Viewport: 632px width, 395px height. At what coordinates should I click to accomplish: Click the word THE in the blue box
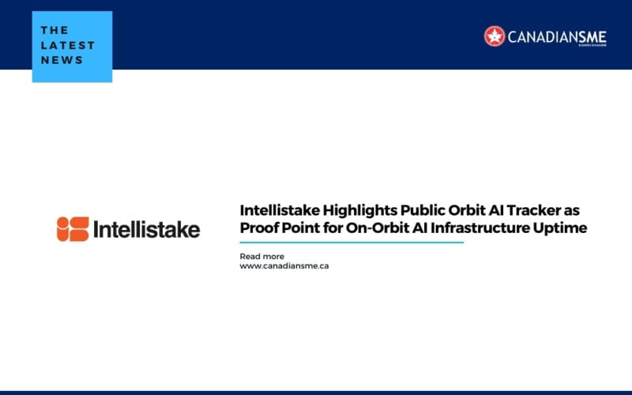[x=55, y=30]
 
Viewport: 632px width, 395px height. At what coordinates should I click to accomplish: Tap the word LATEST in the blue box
[x=68, y=45]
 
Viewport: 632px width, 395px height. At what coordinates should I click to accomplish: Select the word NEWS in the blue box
[x=61, y=60]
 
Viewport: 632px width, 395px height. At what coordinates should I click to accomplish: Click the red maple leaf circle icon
[x=495, y=36]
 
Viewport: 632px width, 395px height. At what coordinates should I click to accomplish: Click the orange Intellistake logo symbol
[x=73, y=229]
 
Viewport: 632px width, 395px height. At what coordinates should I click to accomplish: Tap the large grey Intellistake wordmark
[x=147, y=229]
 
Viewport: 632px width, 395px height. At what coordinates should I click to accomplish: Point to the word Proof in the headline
[x=259, y=229]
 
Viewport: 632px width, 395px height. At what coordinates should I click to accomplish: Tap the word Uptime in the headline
[x=562, y=229]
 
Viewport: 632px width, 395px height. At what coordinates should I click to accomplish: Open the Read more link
[x=261, y=256]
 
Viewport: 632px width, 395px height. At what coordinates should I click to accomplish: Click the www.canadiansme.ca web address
[x=284, y=266]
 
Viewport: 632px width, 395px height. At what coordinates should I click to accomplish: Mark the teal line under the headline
[x=352, y=243]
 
